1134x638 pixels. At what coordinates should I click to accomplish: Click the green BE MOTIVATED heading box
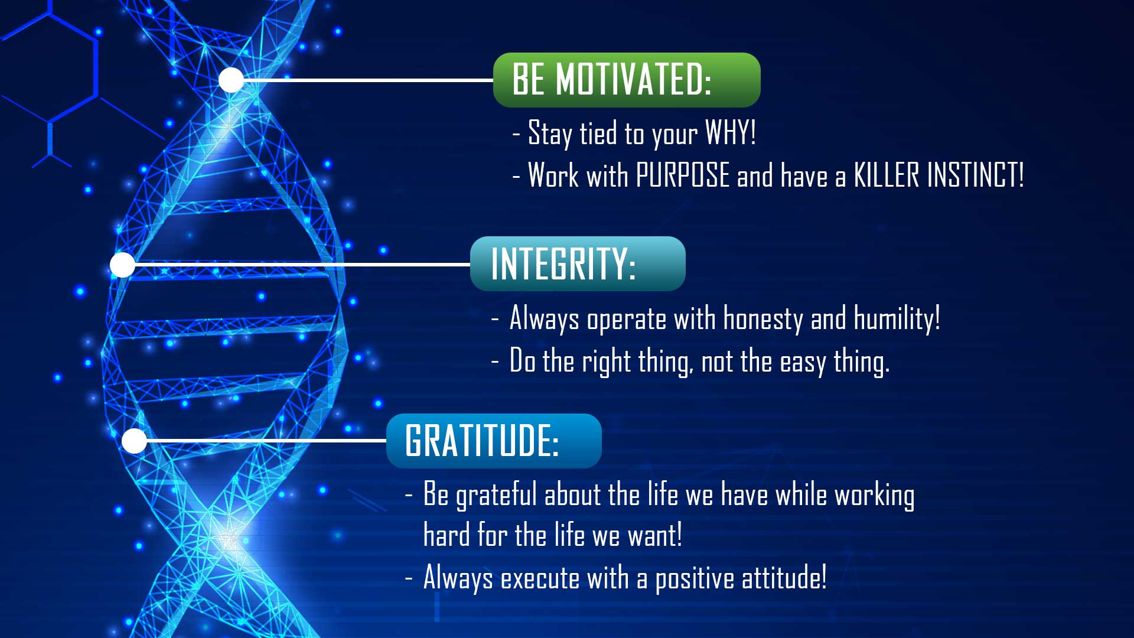coord(626,80)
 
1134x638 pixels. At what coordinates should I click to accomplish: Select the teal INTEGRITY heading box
coord(577,263)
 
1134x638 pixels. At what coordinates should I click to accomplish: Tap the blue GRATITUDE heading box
coord(493,441)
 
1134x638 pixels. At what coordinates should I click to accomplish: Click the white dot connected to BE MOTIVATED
coord(231,80)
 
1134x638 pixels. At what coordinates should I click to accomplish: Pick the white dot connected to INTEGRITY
coord(122,265)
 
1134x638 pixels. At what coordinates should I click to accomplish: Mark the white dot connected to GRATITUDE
coord(134,441)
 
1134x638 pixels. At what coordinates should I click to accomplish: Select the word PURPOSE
coord(682,175)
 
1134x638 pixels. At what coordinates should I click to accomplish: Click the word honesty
coord(762,320)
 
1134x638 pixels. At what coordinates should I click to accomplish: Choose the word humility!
coord(897,320)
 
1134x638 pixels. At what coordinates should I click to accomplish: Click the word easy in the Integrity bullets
coord(802,362)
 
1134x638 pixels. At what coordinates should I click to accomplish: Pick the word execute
coord(540,578)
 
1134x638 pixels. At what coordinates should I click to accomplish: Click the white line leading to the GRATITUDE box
coord(266,441)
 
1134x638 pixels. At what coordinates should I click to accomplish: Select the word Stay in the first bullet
coord(550,133)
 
